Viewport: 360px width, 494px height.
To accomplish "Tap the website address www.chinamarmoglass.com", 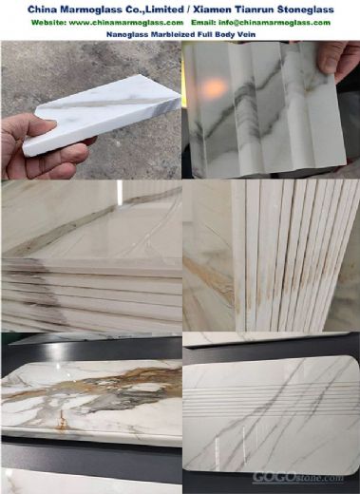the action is point(125,23).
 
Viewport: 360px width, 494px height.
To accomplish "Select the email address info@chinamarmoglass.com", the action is point(275,23).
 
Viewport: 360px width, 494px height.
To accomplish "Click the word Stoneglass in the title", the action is point(305,9).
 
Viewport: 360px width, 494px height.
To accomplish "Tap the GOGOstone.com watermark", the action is point(297,477).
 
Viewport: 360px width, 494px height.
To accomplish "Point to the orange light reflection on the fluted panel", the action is point(215,85).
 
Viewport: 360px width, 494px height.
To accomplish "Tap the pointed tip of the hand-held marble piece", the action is point(179,96).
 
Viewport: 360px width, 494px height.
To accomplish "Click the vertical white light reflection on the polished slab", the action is point(120,191).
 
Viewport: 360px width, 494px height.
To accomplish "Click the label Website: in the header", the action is point(48,23).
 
